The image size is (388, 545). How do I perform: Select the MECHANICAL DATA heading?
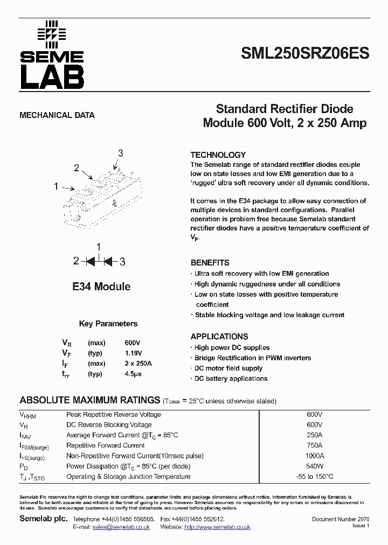click(57, 115)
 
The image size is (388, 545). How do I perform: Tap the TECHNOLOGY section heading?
click(218, 155)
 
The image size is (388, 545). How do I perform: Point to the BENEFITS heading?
click(210, 263)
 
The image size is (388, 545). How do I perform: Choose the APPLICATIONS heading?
click(219, 337)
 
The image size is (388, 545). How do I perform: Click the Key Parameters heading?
click(108, 324)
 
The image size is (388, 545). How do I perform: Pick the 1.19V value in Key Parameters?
click(134, 353)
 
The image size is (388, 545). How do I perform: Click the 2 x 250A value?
click(138, 364)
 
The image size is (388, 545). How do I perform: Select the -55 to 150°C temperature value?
click(314, 477)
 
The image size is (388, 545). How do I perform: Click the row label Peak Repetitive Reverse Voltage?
click(114, 415)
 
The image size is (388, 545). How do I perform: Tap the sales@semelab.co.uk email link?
click(121, 527)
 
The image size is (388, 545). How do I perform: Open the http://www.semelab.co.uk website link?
click(217, 527)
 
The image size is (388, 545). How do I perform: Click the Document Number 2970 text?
click(341, 519)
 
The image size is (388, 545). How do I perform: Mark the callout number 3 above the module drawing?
click(120, 153)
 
